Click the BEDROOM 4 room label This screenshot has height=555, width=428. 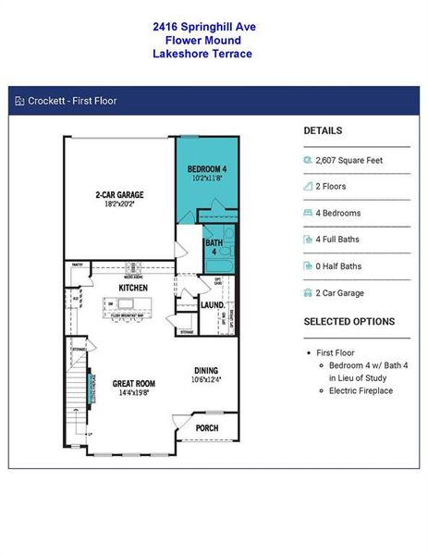pos(207,168)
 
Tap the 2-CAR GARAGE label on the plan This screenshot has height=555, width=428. pos(119,195)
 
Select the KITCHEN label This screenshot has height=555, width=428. pos(133,289)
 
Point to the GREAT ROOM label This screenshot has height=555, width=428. pos(134,383)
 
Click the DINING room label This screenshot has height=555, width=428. pos(205,371)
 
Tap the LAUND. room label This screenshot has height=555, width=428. pos(213,303)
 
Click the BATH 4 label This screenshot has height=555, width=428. pos(213,247)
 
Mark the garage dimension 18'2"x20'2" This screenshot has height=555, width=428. pos(119,205)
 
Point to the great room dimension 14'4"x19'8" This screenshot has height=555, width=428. pos(134,393)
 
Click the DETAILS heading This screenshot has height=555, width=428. pos(323,131)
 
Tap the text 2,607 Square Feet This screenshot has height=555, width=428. pos(349,160)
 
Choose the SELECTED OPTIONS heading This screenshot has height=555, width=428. pos(349,322)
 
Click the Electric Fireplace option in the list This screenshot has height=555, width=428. pos(361,390)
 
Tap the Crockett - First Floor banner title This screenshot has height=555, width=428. pos(72,101)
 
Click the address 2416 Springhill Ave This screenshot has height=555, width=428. pos(204,28)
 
